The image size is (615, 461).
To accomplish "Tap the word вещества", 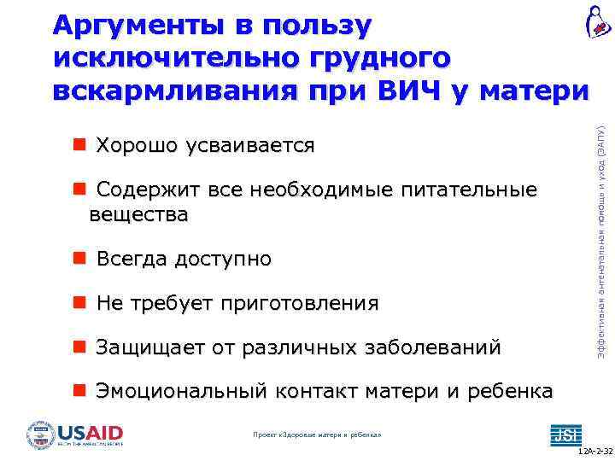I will click(x=138, y=213).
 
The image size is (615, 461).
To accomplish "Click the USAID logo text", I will click(x=91, y=432).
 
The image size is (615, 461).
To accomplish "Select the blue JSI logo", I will click(x=564, y=434).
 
